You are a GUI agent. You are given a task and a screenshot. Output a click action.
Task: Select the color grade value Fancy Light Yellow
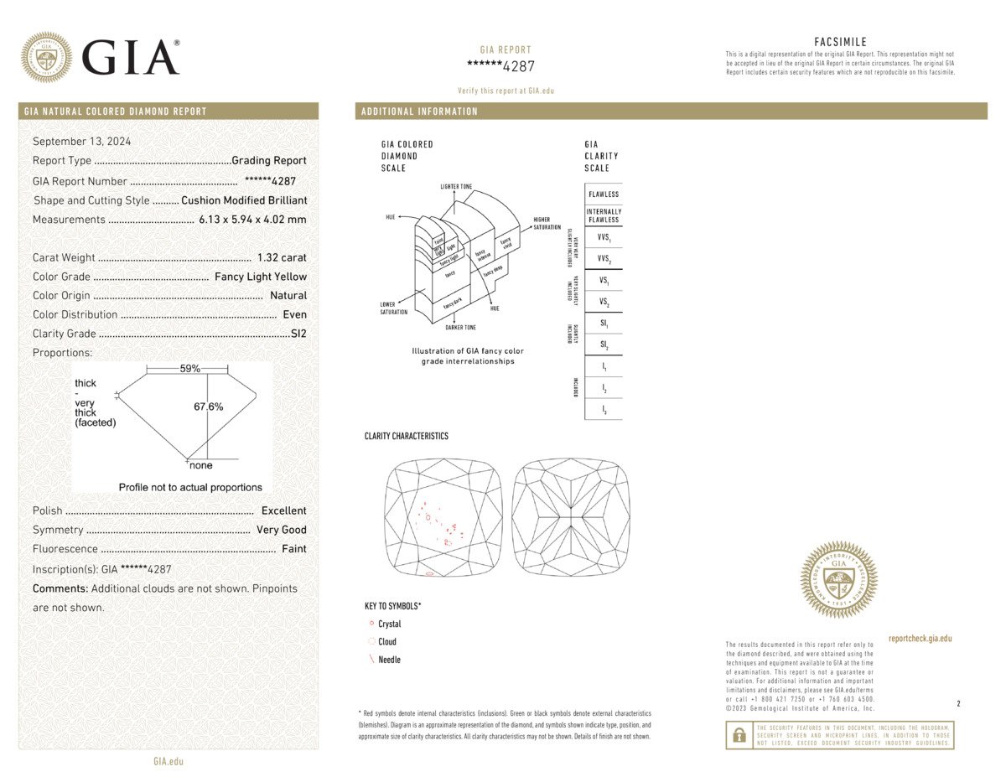(x=261, y=277)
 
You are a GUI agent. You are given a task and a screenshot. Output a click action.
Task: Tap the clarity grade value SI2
(x=298, y=334)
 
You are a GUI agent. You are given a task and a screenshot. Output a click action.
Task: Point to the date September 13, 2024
(x=81, y=141)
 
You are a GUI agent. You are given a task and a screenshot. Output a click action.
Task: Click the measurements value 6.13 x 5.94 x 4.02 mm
(x=252, y=220)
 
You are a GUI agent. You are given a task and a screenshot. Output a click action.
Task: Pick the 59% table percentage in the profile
(x=190, y=369)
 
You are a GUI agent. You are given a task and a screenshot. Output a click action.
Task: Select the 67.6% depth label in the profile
(x=209, y=407)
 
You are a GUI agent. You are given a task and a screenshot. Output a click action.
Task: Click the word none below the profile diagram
(x=201, y=465)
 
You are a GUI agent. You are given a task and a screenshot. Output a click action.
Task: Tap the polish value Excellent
(x=283, y=510)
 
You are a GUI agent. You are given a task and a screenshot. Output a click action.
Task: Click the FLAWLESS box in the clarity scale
(x=604, y=194)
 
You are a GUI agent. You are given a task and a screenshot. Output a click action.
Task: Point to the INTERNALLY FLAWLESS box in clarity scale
(x=604, y=215)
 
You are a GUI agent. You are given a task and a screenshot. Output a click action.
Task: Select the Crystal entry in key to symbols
(x=389, y=624)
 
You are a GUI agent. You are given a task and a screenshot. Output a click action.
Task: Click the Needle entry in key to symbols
(x=389, y=660)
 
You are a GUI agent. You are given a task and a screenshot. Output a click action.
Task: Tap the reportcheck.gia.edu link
(x=920, y=639)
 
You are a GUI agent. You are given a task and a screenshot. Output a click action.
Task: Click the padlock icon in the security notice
(x=739, y=735)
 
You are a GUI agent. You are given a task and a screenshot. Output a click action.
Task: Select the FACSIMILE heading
(x=840, y=42)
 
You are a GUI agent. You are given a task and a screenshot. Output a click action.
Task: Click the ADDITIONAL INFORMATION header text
(x=419, y=111)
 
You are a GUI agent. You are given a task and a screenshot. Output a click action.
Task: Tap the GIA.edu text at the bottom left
(x=169, y=761)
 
